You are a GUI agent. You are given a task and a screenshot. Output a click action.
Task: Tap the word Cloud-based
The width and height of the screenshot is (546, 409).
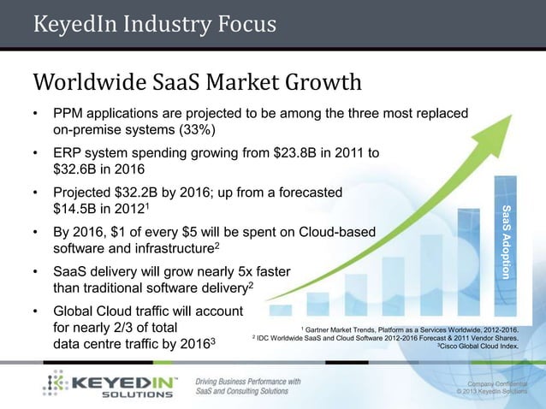tap(333, 232)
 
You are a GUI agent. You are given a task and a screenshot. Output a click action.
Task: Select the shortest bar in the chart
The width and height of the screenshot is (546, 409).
tap(281, 309)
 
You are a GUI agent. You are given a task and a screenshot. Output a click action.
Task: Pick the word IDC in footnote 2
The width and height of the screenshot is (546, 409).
tap(268, 338)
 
